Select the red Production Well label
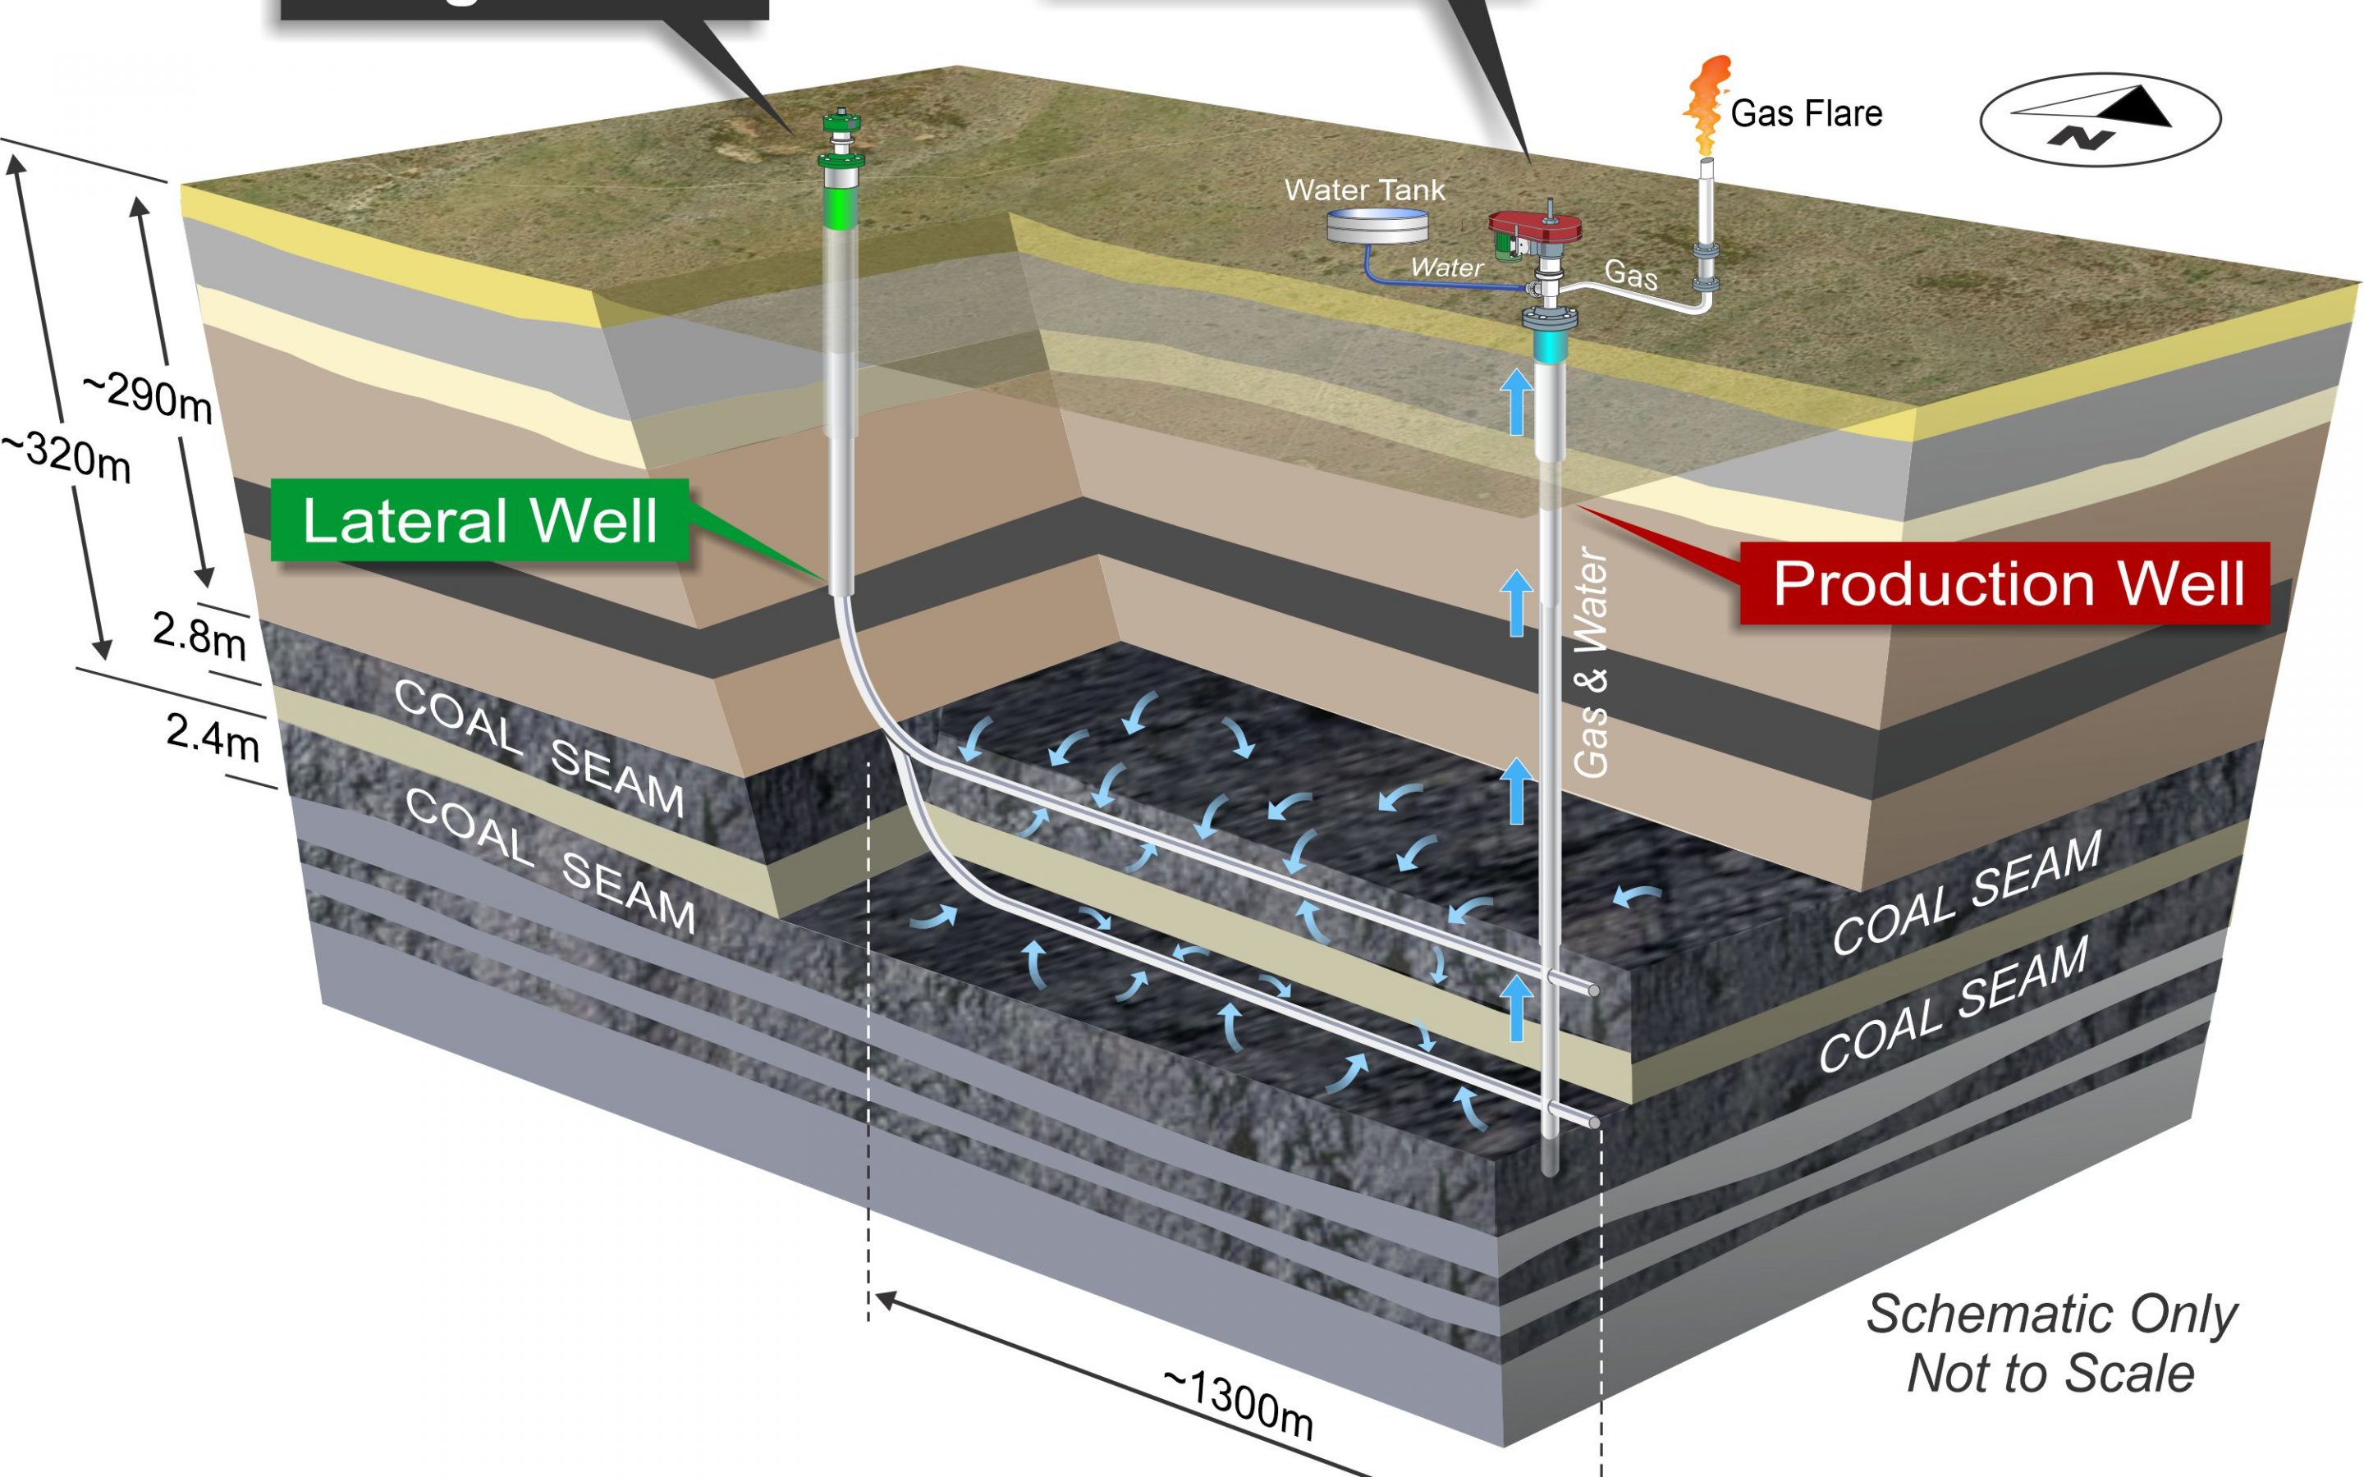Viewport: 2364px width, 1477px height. tap(2006, 583)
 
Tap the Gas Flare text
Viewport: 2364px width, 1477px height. tap(1805, 114)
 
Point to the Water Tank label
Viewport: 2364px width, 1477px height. tap(1363, 190)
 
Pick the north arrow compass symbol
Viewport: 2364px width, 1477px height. tap(2101, 119)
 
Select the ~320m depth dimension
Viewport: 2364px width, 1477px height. tap(66, 457)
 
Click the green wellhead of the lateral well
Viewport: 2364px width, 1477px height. tap(841, 143)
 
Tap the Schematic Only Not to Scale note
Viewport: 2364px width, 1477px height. tap(2051, 1344)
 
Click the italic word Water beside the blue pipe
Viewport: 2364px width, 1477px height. tap(1445, 267)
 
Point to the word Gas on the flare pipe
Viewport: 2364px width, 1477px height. tap(1630, 275)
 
